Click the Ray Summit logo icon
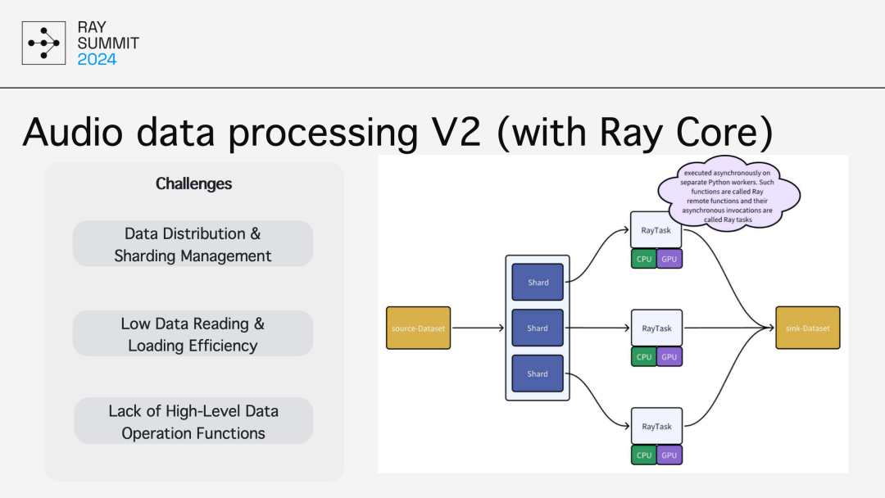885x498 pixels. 43,43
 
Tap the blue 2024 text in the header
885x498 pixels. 97,59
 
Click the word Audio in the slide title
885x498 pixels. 73,132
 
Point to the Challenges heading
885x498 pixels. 193,183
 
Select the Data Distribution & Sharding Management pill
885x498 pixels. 193,243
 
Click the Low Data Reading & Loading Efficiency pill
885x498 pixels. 193,333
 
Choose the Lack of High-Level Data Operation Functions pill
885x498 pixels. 193,421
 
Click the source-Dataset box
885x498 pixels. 418,328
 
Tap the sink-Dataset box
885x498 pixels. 808,328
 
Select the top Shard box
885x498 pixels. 538,282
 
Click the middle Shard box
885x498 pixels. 538,328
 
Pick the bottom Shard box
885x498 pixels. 538,373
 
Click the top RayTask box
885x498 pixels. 656,229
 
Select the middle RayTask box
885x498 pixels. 656,328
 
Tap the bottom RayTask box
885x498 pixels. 656,426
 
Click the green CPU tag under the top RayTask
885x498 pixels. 643,259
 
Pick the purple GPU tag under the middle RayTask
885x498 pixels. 669,356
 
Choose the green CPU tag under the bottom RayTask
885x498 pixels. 643,455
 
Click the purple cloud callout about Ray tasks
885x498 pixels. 728,193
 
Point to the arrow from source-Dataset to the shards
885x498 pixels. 478,328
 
